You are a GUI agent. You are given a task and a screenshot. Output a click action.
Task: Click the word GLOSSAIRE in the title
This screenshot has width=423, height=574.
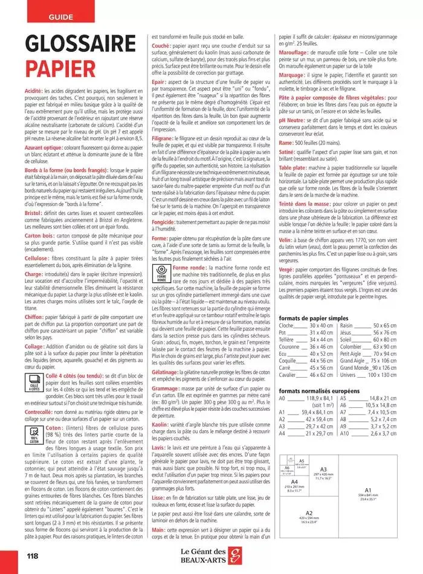tap(80, 45)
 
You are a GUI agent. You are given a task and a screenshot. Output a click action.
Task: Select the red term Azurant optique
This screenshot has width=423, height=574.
tap(43, 147)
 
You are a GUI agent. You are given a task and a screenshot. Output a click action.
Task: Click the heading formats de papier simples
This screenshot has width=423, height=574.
tap(313, 318)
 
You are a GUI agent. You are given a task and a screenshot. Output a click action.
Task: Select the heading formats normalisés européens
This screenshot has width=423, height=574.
tap(317, 391)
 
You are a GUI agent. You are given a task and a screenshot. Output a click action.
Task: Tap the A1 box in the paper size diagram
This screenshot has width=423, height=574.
tap(368, 508)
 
